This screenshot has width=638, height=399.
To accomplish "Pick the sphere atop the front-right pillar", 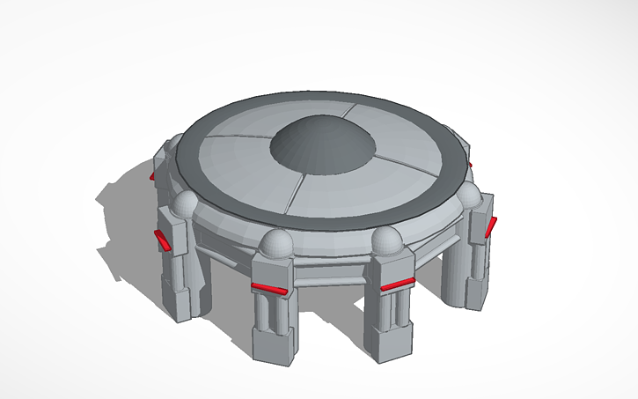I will tap(385, 240).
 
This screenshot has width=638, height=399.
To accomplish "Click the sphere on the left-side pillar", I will tap(184, 205).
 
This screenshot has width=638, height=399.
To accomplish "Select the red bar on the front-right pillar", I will tap(397, 284).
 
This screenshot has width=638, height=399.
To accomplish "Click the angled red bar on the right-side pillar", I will tap(490, 226).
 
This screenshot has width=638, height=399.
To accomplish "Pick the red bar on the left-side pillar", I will tap(164, 239).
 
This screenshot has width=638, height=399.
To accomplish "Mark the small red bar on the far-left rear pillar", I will tap(152, 176).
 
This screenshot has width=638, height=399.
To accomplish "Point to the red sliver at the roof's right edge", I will tap(471, 164).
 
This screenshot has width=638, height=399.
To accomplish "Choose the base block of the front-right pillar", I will tap(387, 339).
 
